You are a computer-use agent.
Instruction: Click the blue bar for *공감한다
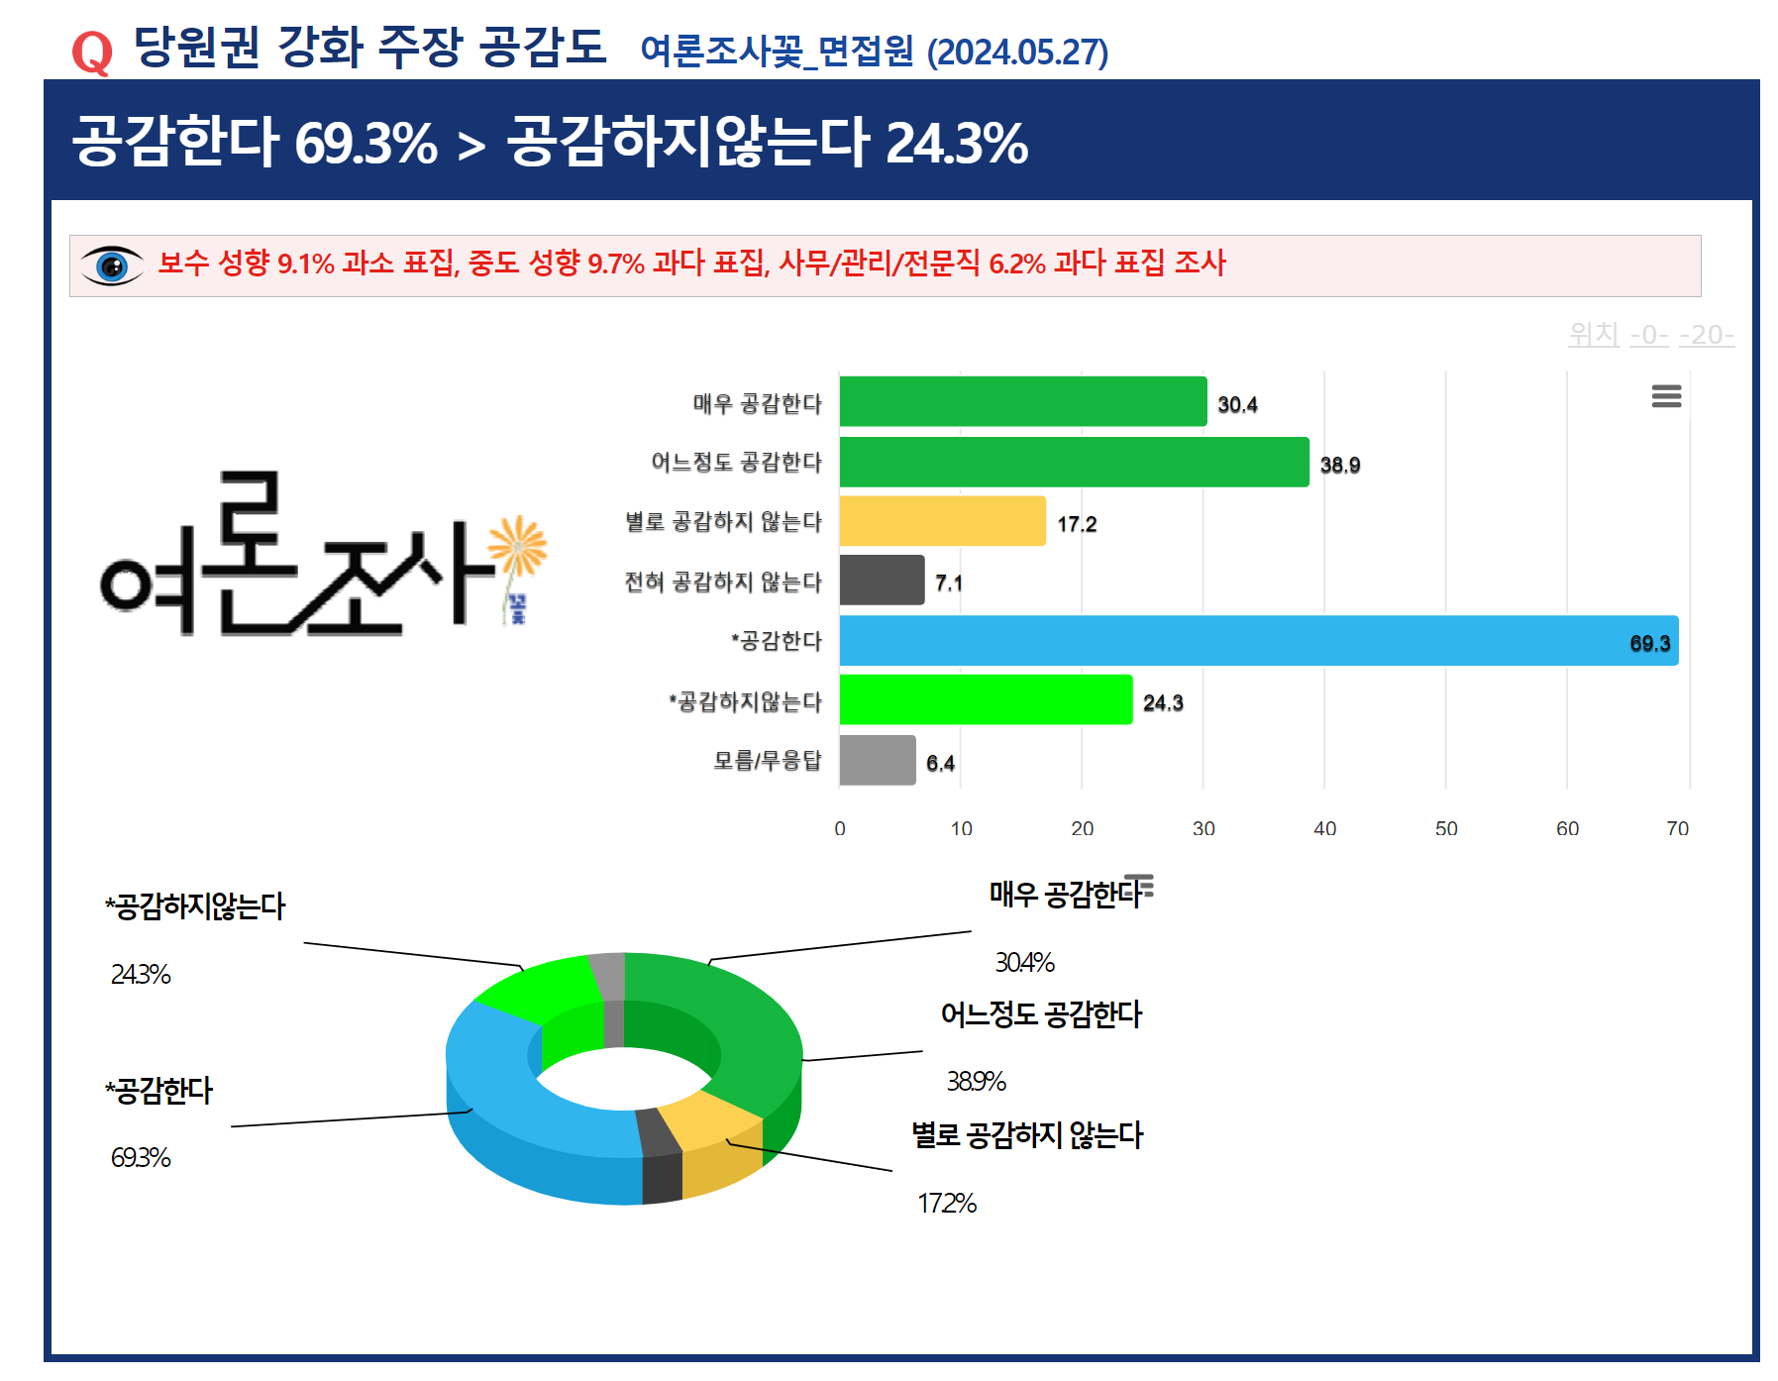[x=1258, y=641]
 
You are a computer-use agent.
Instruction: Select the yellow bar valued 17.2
[x=942, y=521]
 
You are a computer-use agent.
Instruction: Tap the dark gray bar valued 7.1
[x=882, y=581]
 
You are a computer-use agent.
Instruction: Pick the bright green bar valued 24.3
[x=986, y=700]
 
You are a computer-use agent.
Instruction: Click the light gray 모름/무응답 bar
[x=878, y=761]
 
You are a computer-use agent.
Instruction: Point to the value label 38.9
[x=1339, y=465]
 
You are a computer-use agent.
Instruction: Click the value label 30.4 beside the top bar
[x=1237, y=404]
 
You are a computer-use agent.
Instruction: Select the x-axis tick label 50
[x=1446, y=829]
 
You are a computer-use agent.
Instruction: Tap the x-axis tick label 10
[x=962, y=829]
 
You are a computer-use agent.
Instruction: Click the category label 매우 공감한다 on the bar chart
[x=758, y=403]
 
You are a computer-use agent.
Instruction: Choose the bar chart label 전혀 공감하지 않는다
[x=723, y=582]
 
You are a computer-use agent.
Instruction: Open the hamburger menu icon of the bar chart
[x=1666, y=396]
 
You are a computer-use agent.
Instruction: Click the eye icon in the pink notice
[x=112, y=266]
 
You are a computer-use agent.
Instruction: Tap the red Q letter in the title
[x=92, y=53]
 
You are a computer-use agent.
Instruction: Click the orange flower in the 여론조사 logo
[x=518, y=545]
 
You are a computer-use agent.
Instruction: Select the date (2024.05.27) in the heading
[x=1017, y=53]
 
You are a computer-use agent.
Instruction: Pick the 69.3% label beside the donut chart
[x=141, y=1157]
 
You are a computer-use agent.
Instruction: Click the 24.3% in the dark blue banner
[x=957, y=143]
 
